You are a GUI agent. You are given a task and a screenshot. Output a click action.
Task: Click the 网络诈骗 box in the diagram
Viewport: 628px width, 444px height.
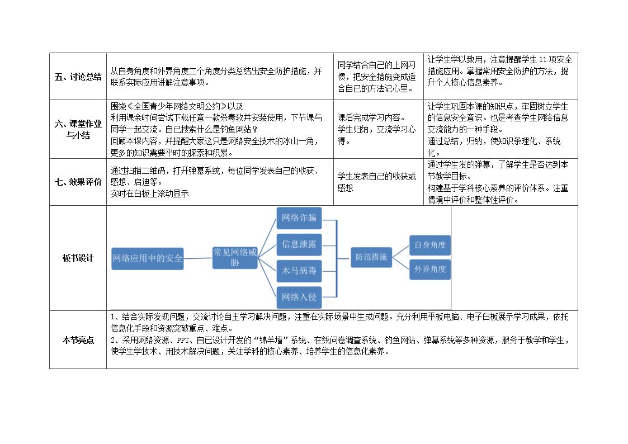click(x=299, y=218)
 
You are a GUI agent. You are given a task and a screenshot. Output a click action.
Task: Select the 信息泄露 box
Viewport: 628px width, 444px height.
click(x=299, y=244)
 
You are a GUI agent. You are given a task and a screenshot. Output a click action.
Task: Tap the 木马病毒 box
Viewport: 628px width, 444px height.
click(x=299, y=271)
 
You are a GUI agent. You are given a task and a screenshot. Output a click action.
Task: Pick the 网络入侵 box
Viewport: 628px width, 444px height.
click(x=299, y=297)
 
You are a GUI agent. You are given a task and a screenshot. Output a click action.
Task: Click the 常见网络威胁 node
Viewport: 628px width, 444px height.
click(x=235, y=257)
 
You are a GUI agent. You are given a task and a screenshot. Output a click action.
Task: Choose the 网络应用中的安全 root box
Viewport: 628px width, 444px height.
click(x=148, y=259)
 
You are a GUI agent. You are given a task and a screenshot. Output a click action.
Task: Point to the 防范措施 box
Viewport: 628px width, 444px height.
click(x=371, y=257)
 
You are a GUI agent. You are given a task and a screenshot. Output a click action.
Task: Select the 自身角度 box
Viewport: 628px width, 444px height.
click(x=429, y=245)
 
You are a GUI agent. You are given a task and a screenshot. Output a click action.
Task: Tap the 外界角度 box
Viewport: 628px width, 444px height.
click(x=429, y=269)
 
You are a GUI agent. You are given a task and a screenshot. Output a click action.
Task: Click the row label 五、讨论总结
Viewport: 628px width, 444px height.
click(x=78, y=77)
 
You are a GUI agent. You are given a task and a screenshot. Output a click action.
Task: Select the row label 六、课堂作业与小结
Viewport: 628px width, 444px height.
click(x=78, y=129)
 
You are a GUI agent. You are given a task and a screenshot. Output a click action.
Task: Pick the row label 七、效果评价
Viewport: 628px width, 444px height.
click(x=78, y=182)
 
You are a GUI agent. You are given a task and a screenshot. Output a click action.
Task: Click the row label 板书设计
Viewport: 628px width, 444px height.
click(x=78, y=258)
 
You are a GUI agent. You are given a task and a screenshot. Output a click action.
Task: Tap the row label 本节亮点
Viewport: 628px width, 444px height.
click(x=78, y=341)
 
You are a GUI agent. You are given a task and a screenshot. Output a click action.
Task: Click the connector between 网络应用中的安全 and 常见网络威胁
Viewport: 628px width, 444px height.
click(x=198, y=258)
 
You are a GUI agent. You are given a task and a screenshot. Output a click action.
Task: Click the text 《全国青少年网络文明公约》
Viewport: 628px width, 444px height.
click(x=177, y=106)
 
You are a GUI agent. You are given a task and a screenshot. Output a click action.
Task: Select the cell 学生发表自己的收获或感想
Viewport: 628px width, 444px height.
click(x=376, y=182)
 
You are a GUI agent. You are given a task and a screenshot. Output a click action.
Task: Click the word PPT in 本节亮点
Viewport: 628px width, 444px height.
click(x=183, y=341)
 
